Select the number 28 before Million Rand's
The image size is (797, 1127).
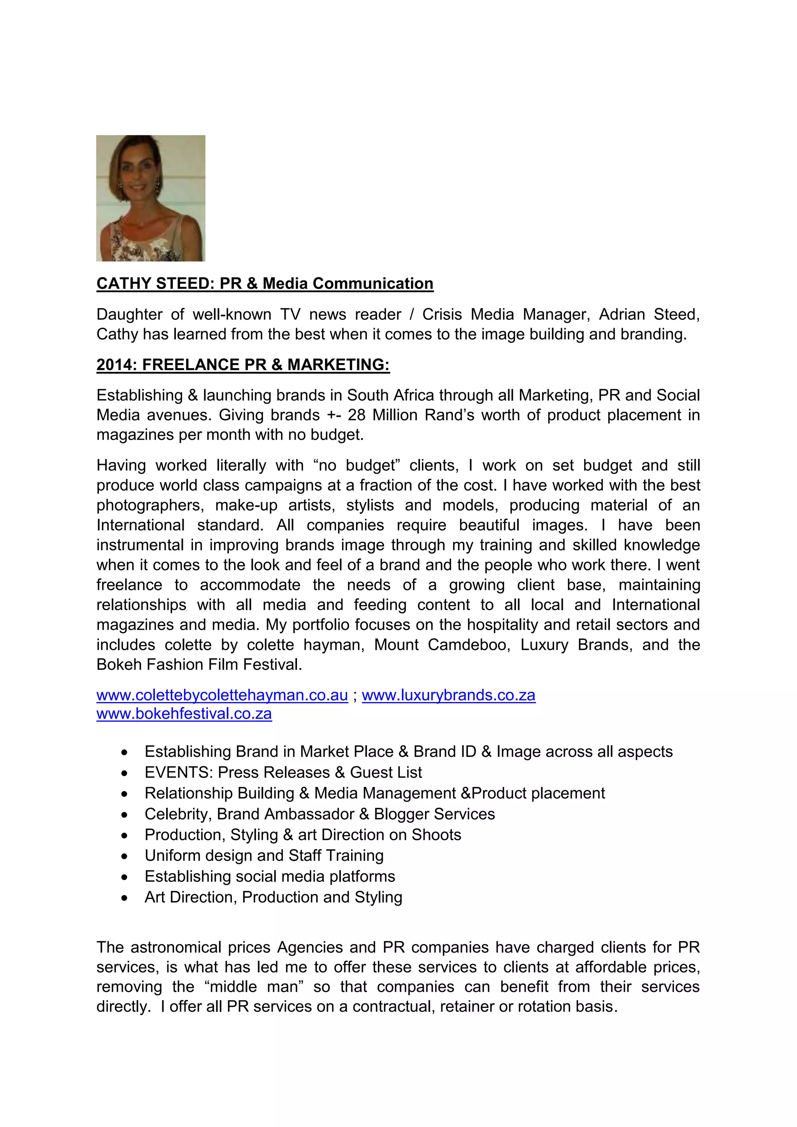[x=356, y=415]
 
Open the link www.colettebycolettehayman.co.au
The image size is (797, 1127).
[x=222, y=695]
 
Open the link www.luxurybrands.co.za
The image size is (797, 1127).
[x=449, y=695]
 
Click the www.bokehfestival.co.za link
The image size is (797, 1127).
[x=184, y=713]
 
